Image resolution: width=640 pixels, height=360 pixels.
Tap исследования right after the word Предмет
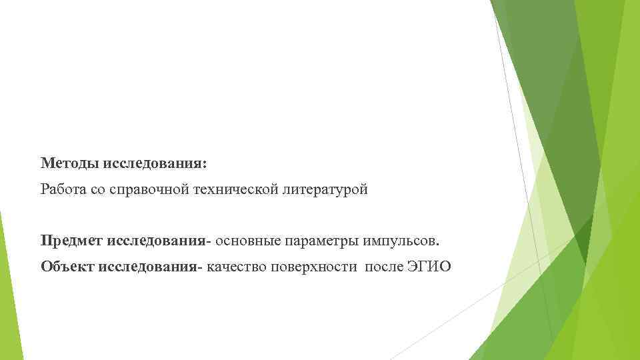click(155, 239)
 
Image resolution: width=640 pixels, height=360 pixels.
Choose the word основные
click(250, 239)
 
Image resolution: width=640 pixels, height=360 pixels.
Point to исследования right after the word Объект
click(147, 267)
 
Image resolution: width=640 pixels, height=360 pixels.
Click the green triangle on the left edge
click(6, 287)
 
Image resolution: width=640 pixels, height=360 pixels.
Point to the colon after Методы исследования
click(205, 164)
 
